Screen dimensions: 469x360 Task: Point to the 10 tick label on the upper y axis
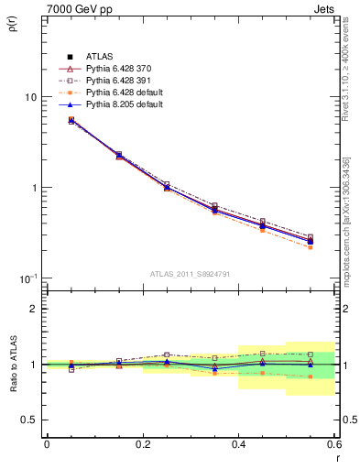pyautogui.click(x=30, y=97)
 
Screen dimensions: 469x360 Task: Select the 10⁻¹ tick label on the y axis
pyautogui.click(x=28, y=278)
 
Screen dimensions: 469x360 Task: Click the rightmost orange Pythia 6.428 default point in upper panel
pyautogui.click(x=311, y=247)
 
